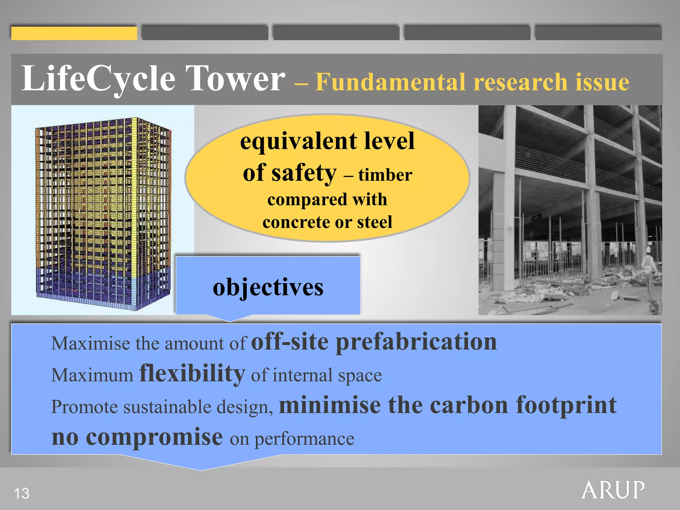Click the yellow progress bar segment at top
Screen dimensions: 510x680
tap(74, 33)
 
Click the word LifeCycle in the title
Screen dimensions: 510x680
tap(98, 79)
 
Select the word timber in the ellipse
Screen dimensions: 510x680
tap(385, 175)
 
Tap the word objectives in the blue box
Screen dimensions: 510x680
tap(268, 287)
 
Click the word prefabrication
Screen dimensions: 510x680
tap(416, 342)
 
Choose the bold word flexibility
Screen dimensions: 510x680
tap(192, 374)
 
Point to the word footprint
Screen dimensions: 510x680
tap(566, 406)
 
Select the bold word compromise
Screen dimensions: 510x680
tap(154, 438)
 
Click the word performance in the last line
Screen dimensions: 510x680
tap(304, 439)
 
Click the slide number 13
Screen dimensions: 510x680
tap(22, 493)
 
